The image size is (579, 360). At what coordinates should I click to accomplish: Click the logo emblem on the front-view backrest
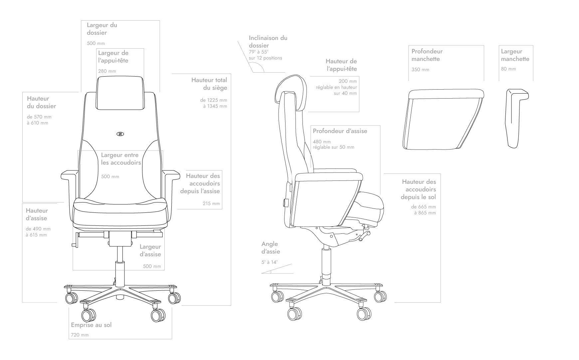click(120, 134)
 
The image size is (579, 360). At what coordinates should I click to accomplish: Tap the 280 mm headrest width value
click(107, 71)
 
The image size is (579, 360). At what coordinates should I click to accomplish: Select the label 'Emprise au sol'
click(91, 325)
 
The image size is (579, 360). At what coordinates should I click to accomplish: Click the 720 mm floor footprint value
click(80, 335)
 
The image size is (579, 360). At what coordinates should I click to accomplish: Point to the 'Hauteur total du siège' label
click(209, 84)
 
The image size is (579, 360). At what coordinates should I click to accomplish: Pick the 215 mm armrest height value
click(211, 203)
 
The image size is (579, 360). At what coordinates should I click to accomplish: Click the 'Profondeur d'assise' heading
click(340, 131)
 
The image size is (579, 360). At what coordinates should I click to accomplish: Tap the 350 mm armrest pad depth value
click(420, 70)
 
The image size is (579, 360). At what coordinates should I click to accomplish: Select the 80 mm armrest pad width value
click(508, 69)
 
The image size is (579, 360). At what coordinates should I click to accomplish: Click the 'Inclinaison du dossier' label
click(268, 42)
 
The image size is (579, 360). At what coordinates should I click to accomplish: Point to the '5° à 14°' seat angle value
click(270, 262)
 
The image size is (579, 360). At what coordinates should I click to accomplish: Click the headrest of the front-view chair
click(120, 93)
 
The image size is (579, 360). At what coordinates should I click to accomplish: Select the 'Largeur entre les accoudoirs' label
click(121, 159)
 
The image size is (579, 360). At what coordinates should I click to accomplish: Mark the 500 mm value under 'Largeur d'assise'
click(152, 266)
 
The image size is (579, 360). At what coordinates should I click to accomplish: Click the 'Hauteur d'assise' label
click(37, 214)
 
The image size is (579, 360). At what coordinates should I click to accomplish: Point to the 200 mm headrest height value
click(348, 81)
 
